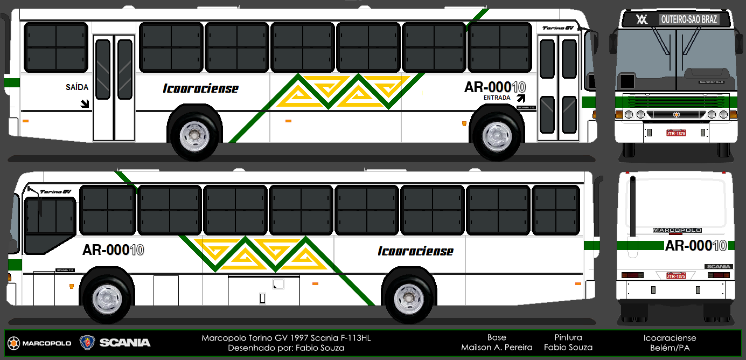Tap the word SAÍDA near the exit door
(x=77, y=87)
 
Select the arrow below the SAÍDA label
(x=85, y=103)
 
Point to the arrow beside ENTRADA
(x=521, y=98)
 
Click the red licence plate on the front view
(x=676, y=133)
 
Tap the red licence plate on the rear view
(x=676, y=276)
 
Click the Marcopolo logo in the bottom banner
(x=39, y=343)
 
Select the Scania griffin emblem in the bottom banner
(x=86, y=342)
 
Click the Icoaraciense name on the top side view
(x=200, y=88)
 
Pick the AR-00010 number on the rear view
(x=696, y=246)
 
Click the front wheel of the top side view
(x=496, y=136)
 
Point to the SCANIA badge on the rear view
(x=719, y=266)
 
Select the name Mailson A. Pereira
(x=497, y=348)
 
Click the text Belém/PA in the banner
(x=670, y=348)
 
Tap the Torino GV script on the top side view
(x=558, y=28)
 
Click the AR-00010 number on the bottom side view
(x=113, y=250)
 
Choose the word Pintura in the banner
(x=568, y=337)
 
